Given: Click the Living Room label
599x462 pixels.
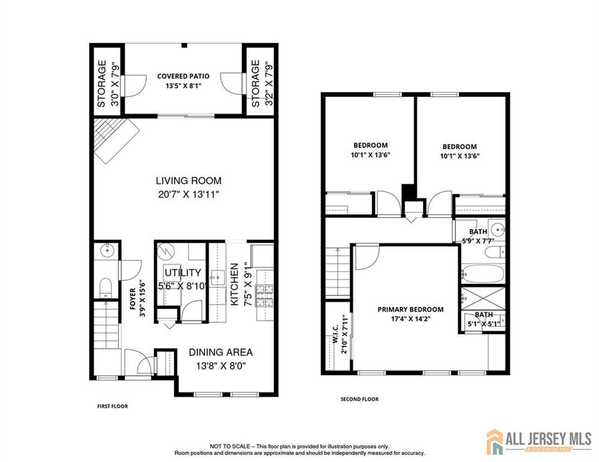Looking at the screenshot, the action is point(188,180).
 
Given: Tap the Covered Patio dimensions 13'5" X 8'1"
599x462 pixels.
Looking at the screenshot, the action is point(184,86).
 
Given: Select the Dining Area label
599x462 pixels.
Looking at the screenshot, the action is point(221,352).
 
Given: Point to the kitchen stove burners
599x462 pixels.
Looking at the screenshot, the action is point(265,295).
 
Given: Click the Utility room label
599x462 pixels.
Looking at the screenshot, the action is point(182,273).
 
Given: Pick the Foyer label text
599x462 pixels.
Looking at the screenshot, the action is point(133,298).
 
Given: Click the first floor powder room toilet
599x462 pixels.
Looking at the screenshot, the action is point(105,288).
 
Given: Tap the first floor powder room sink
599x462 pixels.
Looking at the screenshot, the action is point(107,250).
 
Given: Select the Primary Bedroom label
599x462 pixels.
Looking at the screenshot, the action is point(411,309).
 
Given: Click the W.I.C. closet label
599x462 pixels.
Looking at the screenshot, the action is point(335,334).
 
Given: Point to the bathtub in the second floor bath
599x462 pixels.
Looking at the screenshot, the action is point(482,273).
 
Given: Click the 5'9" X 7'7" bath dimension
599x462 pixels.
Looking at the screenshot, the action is point(478,241).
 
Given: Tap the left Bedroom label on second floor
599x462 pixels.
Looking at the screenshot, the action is point(371,145).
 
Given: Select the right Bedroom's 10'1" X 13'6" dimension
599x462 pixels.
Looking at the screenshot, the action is point(460,156).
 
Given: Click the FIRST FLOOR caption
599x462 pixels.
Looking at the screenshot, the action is point(113,406).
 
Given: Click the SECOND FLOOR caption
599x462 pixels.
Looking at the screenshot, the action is point(359,399).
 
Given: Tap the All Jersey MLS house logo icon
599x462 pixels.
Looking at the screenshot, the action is point(495,442).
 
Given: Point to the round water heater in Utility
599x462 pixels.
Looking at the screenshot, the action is point(166,251).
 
